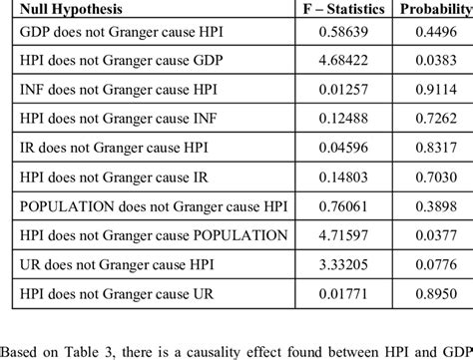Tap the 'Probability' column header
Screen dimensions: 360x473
pos(435,9)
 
